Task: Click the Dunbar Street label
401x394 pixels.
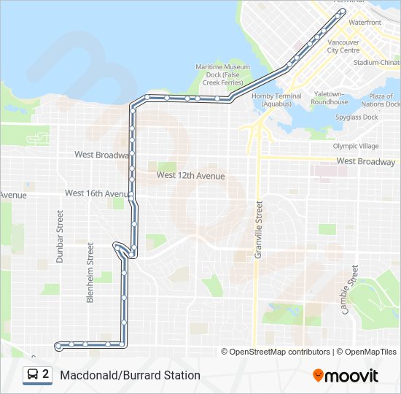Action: pos(61,236)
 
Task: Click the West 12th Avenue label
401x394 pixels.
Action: pos(191,176)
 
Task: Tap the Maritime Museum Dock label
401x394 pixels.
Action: pos(222,74)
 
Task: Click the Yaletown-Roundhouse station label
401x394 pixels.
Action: pos(330,98)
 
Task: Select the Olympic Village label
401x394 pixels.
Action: pos(356,146)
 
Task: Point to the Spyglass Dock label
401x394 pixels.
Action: pos(357,117)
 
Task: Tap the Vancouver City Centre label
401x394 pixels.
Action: pos(343,46)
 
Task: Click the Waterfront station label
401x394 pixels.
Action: pos(365,23)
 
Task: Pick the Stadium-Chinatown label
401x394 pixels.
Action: pos(376,63)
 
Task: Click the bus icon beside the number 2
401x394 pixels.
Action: pos(33,375)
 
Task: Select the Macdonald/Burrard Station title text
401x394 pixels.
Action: pos(130,376)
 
